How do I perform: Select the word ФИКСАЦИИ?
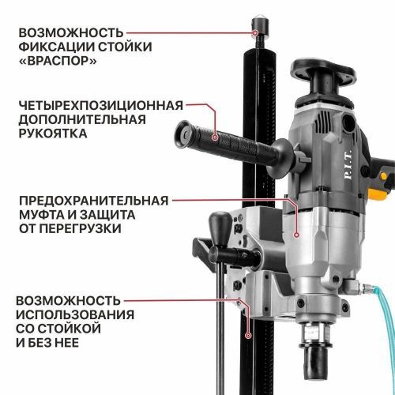click(61, 47)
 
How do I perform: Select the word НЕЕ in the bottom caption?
click(83, 344)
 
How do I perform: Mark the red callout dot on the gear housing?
click(295, 235)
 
